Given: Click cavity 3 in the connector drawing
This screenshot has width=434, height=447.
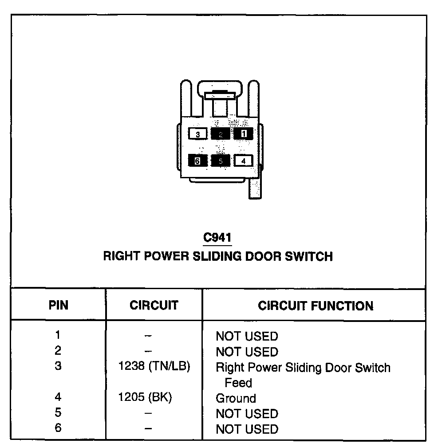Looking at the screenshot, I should [197, 133].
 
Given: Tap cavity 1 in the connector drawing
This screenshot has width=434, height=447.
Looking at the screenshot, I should [243, 133].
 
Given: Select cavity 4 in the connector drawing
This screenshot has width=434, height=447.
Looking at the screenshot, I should [243, 161].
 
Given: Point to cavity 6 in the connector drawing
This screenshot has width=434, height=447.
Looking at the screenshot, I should [197, 161].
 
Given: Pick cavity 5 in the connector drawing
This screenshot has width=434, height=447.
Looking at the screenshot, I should [221, 161].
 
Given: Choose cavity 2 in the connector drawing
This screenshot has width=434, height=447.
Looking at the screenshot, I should [221, 133].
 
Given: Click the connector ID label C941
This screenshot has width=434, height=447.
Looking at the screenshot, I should [217, 238].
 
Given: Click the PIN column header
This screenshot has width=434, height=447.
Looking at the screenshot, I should [59, 306].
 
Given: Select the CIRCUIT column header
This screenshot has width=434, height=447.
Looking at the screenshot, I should [154, 306].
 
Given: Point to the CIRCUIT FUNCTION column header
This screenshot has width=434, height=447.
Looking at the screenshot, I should [316, 306].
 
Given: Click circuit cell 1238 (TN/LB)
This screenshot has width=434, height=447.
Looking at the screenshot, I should [154, 367].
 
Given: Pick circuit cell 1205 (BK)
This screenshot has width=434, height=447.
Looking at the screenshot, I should [145, 398].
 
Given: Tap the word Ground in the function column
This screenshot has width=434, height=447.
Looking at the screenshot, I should [236, 398].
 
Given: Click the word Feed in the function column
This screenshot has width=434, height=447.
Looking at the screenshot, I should [238, 383].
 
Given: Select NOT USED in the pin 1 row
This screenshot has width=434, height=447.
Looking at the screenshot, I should [247, 337].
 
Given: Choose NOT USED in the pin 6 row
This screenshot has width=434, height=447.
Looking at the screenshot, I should [247, 429].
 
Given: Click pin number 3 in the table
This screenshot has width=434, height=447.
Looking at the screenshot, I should [58, 366].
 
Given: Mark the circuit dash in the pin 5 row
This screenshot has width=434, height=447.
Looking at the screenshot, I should [149, 413].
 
